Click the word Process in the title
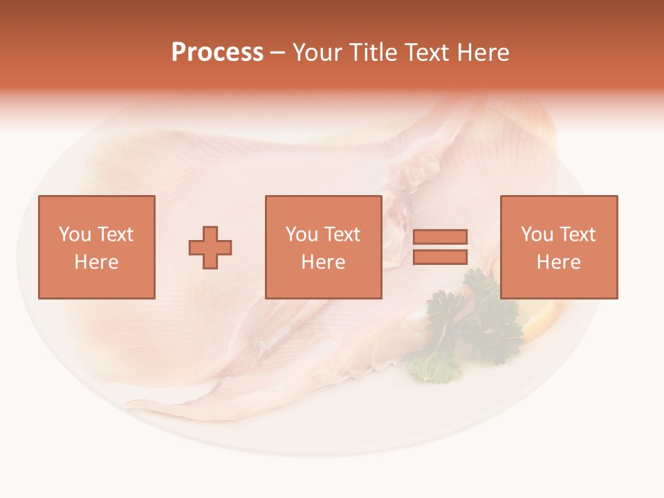click(x=217, y=53)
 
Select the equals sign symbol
click(x=440, y=247)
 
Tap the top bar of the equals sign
click(x=440, y=237)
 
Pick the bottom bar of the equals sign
click(x=440, y=257)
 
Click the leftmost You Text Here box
click(x=97, y=247)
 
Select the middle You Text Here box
click(x=324, y=247)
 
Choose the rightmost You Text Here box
click(x=559, y=247)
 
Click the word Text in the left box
click(x=116, y=234)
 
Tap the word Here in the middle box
click(x=324, y=262)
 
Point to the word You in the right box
click(x=537, y=234)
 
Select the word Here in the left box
click(x=97, y=262)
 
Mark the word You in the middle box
click(x=302, y=234)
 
